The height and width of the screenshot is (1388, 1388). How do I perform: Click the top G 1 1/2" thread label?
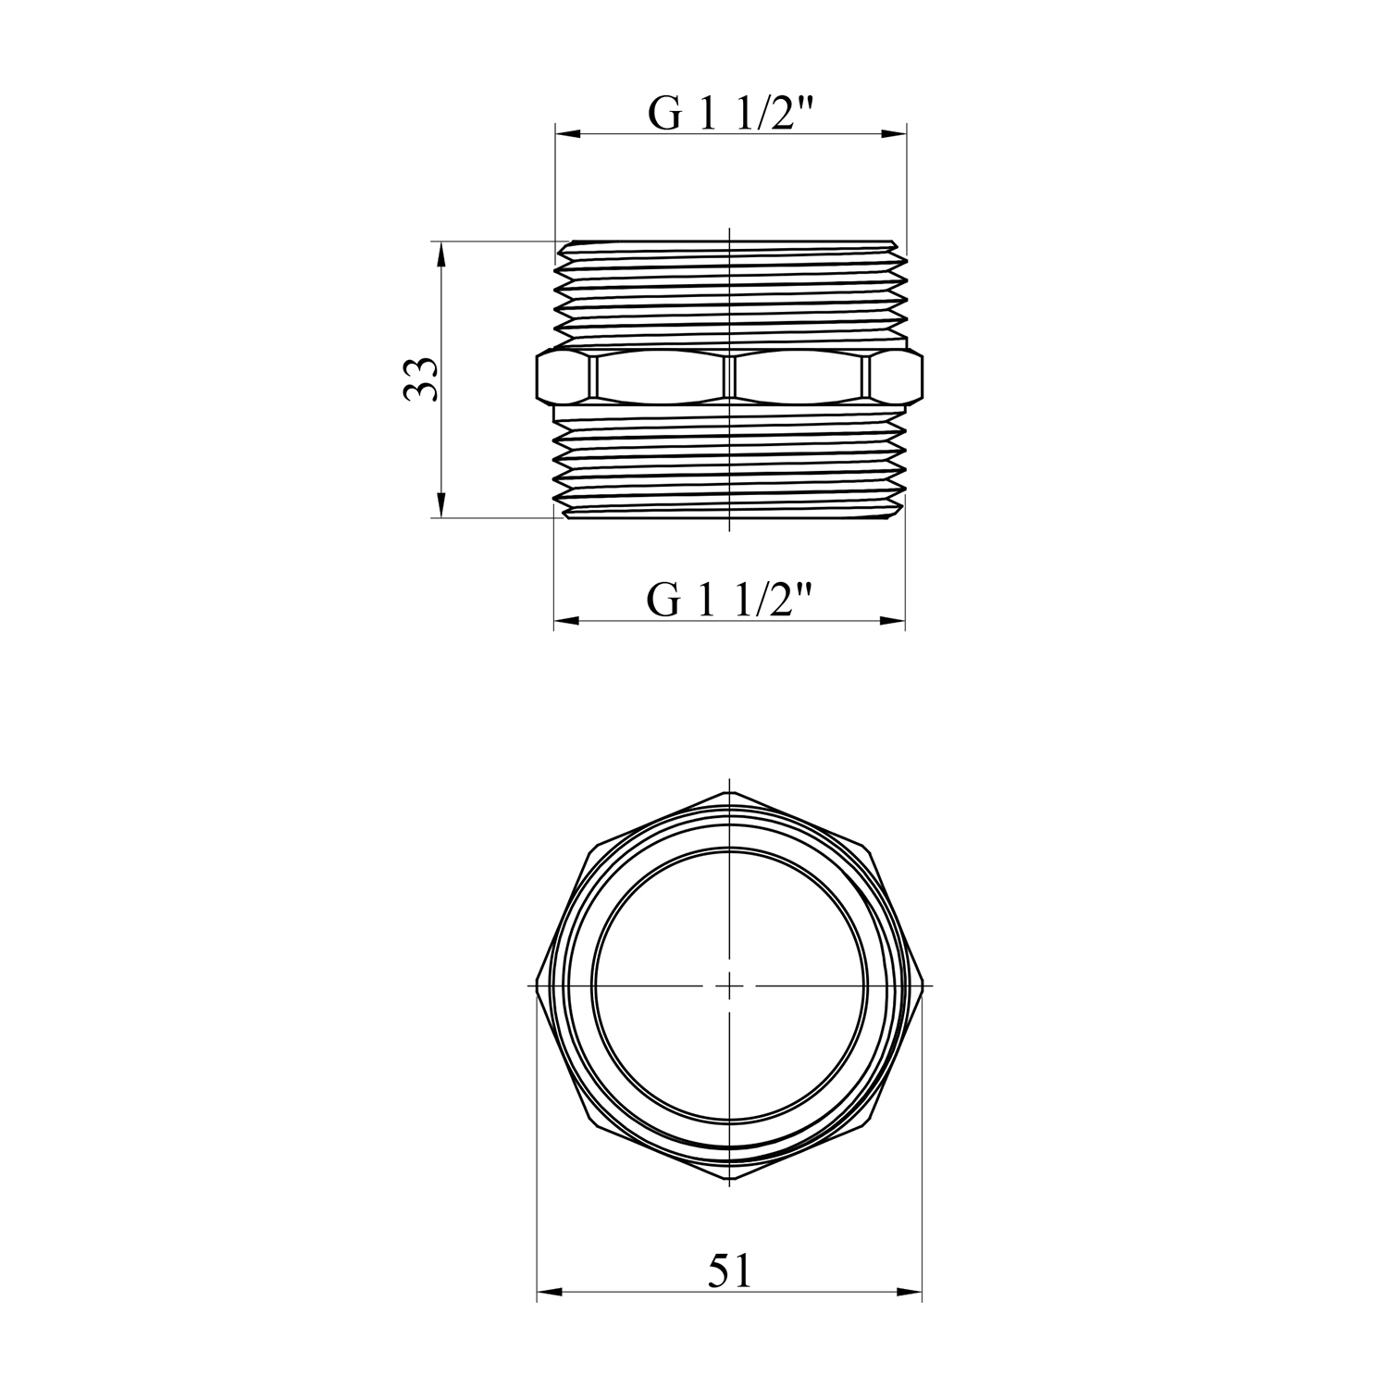[730, 113]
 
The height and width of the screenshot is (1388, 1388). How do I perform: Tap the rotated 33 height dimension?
[421, 378]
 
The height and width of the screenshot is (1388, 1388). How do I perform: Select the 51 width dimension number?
[730, 1270]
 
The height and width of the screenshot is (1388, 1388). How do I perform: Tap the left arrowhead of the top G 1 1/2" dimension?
[567, 135]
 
